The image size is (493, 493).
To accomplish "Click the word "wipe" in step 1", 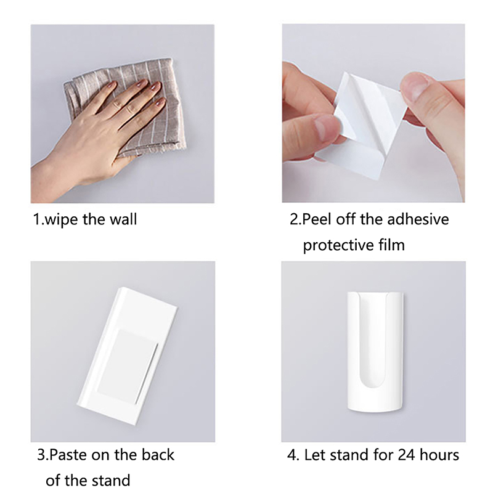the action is click(61, 219).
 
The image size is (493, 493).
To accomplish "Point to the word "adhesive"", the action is click(418, 219).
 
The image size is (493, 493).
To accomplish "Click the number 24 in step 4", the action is click(407, 455).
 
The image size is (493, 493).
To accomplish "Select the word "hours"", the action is click(439, 455).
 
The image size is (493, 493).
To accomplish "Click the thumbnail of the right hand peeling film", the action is click(414, 86).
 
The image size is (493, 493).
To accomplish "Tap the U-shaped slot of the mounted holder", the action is click(375, 340).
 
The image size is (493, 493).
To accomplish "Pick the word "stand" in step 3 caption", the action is click(110, 481).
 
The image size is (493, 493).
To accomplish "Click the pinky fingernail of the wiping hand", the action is click(161, 102).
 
